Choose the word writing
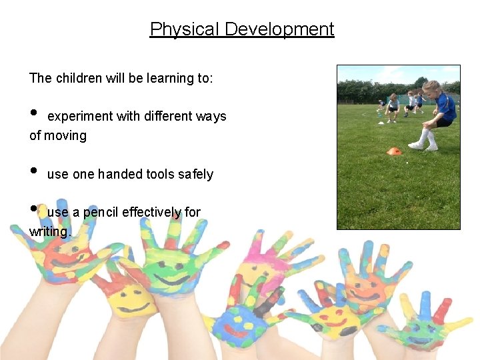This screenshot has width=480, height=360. [x=50, y=232]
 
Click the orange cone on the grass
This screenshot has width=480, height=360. [x=394, y=151]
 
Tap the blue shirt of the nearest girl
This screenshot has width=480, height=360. [x=444, y=107]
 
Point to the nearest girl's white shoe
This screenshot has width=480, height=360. [x=416, y=145]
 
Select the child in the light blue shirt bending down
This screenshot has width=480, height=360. [x=393, y=106]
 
